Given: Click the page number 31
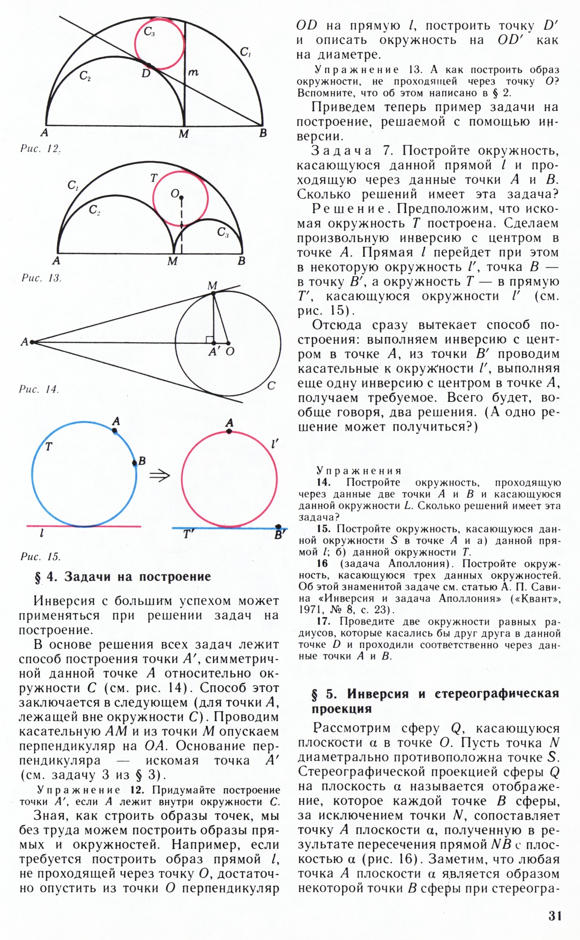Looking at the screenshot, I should pos(555,916).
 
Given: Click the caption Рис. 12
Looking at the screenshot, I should pos(41,148).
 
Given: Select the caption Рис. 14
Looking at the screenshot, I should pos(39,389).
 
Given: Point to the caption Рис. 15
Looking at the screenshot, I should pos(41,556).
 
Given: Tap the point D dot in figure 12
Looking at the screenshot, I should pos(148,65).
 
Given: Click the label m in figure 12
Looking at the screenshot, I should pos(193,73).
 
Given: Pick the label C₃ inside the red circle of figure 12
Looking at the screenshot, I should pos(149,32).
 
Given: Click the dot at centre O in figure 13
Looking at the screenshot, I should pos(181,197).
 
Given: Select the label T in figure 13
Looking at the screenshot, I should pos(154,178).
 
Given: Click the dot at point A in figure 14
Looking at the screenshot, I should pos(32,342).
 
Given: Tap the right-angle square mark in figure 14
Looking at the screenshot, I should pos(209,339).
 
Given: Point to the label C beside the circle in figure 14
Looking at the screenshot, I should pos(271,385).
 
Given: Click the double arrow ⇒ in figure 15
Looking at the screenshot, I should pos(159,475).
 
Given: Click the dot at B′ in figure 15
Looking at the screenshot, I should pos(278,527).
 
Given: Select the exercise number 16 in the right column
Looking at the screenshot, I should pos(322,563).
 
